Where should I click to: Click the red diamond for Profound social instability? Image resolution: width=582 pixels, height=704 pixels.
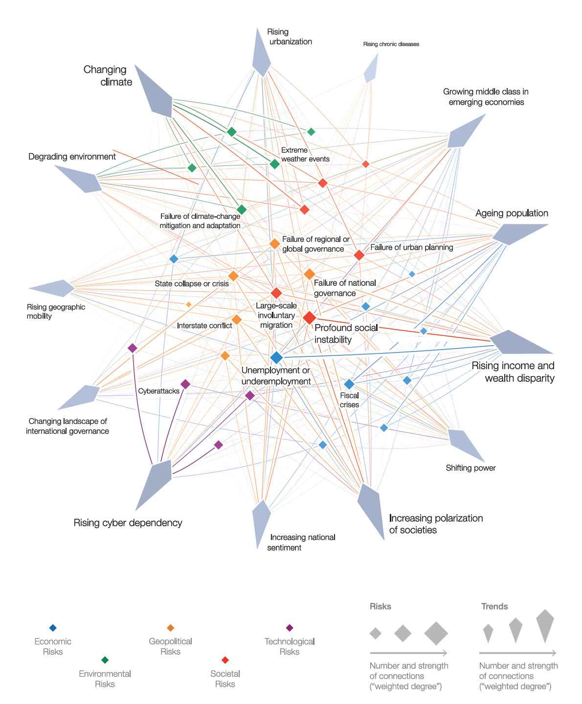pos(309,318)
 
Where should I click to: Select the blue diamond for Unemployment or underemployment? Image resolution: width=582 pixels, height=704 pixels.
pos(276,357)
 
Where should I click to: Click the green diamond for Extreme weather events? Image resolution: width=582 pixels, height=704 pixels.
pos(275,164)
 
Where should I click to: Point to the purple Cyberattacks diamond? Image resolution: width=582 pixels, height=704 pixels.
pos(185,384)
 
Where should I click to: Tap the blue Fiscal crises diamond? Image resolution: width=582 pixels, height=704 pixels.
pos(349,384)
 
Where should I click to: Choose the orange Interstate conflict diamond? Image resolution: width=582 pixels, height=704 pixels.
pos(237,320)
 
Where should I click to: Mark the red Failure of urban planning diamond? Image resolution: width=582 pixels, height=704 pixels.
pos(359,255)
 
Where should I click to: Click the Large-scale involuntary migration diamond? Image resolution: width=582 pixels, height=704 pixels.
pos(276,293)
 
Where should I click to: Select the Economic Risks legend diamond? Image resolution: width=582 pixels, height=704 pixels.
pos(53,628)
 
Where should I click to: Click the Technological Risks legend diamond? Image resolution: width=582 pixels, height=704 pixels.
pos(290,628)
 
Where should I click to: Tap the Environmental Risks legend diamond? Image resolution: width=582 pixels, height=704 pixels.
pos(105,660)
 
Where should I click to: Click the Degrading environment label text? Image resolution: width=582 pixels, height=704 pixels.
pos(72,157)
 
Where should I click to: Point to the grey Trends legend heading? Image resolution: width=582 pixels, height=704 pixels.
pos(494,606)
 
